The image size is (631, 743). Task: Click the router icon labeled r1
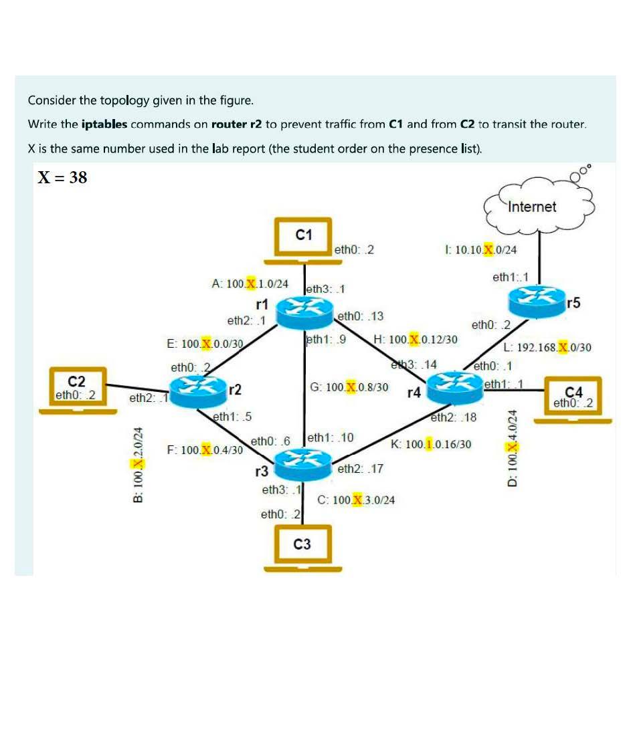[x=305, y=312]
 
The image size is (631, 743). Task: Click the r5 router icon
[x=537, y=303]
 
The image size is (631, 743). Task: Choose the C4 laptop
[x=573, y=400]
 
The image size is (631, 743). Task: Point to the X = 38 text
[x=62, y=177]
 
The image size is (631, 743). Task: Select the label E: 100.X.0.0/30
[x=205, y=344]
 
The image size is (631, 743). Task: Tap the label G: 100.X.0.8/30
[x=349, y=387]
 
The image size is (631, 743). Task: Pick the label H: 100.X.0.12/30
[x=416, y=340]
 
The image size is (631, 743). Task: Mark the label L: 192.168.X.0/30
[x=547, y=348]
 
